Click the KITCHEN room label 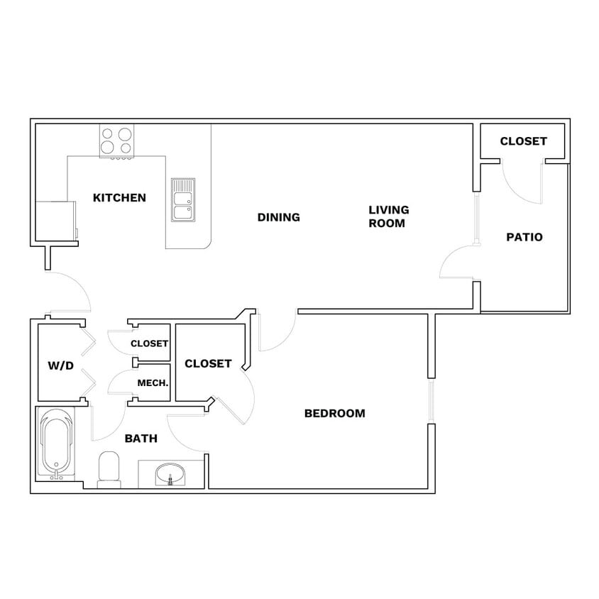119,198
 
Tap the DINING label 278,217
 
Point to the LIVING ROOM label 388,216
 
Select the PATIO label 524,237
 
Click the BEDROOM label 334,413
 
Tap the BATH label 141,439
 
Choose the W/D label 60,366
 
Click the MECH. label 153,383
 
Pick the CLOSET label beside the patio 523,141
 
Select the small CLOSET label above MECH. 149,344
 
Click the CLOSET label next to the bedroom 208,363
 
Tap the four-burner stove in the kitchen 117,141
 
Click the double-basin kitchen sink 182,199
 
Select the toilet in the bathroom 109,469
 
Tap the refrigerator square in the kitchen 55,221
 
